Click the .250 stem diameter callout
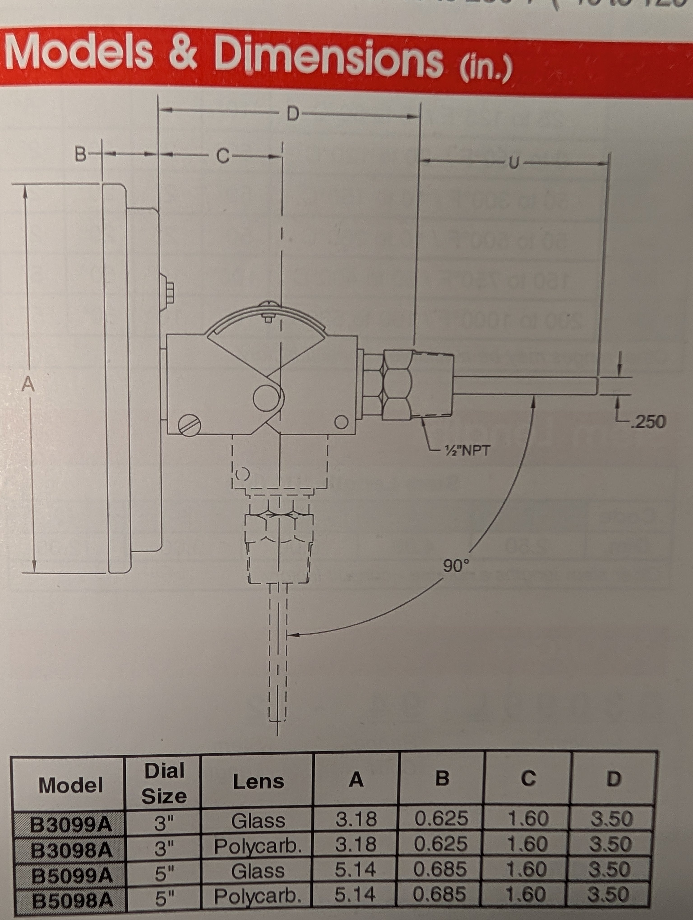(648, 421)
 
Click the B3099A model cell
(71, 823)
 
